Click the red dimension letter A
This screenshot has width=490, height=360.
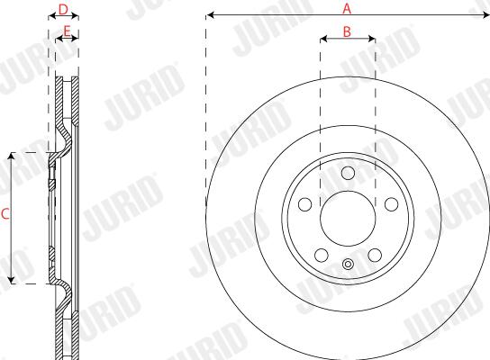point(347,8)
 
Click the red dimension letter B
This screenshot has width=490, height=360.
point(347,31)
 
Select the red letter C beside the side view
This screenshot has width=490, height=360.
point(5,214)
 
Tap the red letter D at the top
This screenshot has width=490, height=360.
point(63,10)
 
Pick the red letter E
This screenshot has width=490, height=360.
point(67,31)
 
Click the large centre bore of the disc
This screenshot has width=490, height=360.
point(348,219)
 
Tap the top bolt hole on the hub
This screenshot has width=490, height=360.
point(348,173)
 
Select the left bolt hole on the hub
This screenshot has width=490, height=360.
point(305,204)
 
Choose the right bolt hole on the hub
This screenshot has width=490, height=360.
point(391,204)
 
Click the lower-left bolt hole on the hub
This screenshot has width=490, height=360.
point(322,255)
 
